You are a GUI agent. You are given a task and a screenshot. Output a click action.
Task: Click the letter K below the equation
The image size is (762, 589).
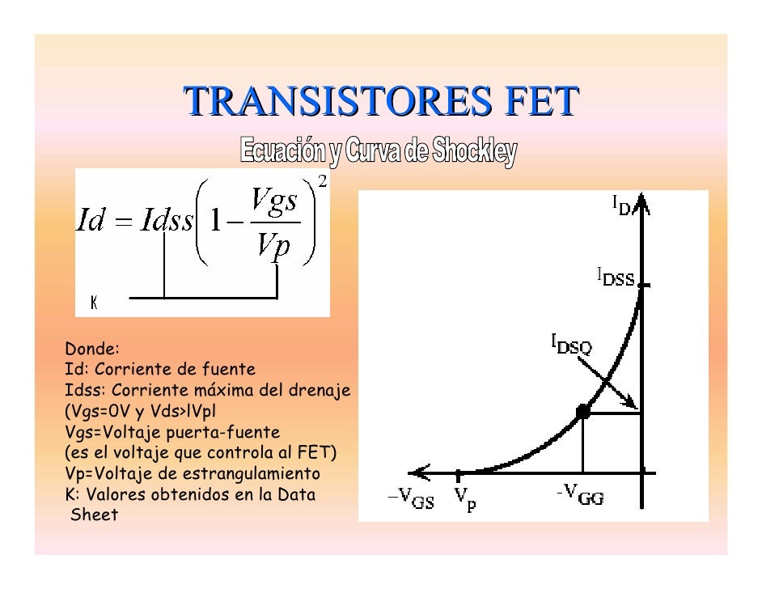pyautogui.click(x=94, y=303)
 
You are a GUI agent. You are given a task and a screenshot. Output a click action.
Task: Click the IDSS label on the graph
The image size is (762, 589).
pyautogui.click(x=616, y=279)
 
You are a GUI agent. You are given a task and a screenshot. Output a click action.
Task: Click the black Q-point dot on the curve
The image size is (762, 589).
pyautogui.click(x=582, y=413)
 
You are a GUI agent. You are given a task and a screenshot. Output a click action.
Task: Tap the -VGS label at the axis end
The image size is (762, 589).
pyautogui.click(x=411, y=499)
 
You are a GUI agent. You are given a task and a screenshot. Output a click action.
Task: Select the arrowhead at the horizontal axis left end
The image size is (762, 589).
pyautogui.click(x=416, y=472)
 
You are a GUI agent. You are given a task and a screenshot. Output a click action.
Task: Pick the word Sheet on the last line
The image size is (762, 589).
pyautogui.click(x=95, y=515)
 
